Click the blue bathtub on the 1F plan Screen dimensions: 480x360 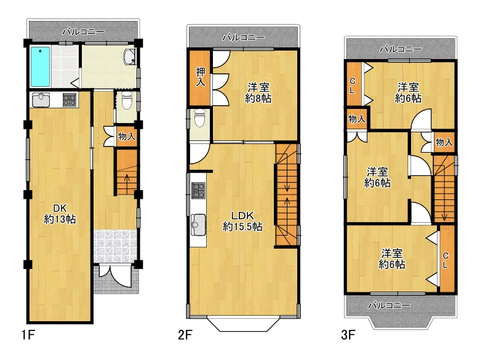coord(40,66)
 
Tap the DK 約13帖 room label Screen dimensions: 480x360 coord(60,214)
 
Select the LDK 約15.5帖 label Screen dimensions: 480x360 coord(242,221)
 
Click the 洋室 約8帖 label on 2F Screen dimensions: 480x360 coord(258,93)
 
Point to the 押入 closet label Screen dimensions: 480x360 coord(201,77)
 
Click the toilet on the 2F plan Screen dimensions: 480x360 coord(199,118)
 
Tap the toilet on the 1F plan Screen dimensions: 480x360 coord(126,100)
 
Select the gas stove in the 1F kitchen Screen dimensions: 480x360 coord(70,100)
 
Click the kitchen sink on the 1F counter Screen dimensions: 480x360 coord(41,100)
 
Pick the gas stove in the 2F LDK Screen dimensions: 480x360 coord(198,190)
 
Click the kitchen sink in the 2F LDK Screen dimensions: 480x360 coord(198,225)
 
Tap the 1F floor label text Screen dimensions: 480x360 coord(28,335)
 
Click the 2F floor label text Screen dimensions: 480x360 coord(185,335)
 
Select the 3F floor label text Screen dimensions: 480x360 coord(348,335)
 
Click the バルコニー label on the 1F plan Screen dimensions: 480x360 coord(83,31)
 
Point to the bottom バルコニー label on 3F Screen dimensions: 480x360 coord(389,305)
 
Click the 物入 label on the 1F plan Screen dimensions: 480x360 coord(127,136)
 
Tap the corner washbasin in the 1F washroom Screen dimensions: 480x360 coord(130,57)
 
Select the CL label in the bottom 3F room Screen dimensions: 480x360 coord(446,260)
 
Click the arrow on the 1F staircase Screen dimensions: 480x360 coord(127,182)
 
